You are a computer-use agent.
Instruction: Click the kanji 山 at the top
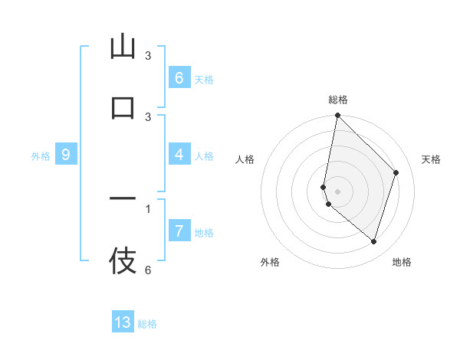(x=123, y=47)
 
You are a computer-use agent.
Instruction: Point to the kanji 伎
(x=123, y=260)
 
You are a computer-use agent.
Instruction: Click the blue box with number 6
(x=179, y=77)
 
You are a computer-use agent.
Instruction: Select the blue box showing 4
(x=179, y=155)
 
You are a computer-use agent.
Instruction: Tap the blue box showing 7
(x=179, y=231)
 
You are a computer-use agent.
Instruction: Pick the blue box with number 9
(x=66, y=155)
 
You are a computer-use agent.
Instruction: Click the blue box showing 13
(x=123, y=322)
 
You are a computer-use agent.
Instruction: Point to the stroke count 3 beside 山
(x=148, y=56)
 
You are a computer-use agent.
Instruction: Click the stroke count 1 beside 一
(x=148, y=208)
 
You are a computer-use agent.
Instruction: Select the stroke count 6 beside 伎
(x=148, y=270)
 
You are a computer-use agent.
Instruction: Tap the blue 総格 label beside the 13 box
(x=147, y=324)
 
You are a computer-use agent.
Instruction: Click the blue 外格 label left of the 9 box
(x=41, y=156)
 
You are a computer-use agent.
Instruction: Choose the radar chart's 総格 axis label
(x=338, y=100)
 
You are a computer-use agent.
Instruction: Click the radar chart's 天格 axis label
(x=431, y=159)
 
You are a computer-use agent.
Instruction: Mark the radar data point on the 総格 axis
(x=337, y=115)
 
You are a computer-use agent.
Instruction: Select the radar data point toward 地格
(x=373, y=241)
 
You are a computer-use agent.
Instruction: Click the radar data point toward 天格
(x=396, y=172)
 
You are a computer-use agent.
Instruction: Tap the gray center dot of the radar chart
(x=337, y=191)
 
